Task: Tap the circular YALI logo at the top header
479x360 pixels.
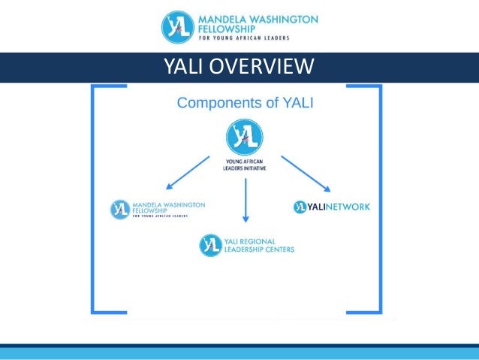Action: pos(179,27)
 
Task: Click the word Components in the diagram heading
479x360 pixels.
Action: pos(214,103)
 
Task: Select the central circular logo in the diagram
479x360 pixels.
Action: pos(245,138)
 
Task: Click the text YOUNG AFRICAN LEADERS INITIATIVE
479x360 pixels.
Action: pos(245,165)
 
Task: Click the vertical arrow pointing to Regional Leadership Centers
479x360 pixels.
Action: pos(245,199)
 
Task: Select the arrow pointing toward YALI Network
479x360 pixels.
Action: pos(306,173)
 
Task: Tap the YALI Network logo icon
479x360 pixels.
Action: pos(300,207)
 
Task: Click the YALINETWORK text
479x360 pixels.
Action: pos(337,207)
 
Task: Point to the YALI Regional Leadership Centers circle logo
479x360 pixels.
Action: pos(210,245)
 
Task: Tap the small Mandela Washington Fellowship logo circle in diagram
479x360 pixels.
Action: pos(120,210)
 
